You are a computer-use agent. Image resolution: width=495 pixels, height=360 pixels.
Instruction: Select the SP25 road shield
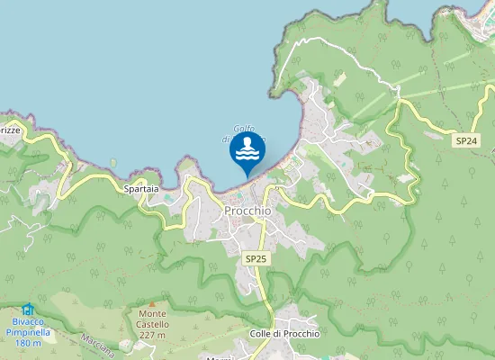(x=256, y=258)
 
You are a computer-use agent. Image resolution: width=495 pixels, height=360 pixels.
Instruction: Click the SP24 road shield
(x=465, y=141)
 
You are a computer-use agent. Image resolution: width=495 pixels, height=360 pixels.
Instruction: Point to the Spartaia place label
(x=140, y=190)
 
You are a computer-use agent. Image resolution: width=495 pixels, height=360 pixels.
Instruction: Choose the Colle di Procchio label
(x=285, y=334)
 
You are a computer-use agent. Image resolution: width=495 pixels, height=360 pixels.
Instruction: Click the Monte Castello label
(x=153, y=319)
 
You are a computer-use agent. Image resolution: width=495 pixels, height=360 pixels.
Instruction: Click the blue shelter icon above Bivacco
(x=27, y=309)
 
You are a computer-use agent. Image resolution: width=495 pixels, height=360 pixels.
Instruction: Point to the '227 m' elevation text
(x=153, y=336)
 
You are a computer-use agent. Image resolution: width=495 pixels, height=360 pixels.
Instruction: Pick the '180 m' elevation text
(x=29, y=344)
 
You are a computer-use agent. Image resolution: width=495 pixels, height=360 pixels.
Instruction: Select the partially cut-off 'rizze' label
(x=9, y=130)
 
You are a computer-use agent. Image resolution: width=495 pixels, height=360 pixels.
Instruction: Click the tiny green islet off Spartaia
(x=113, y=163)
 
